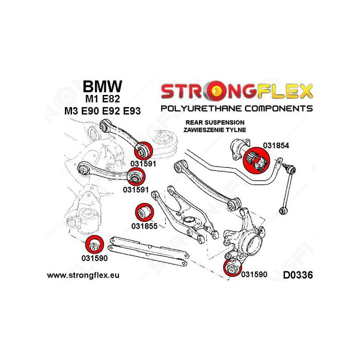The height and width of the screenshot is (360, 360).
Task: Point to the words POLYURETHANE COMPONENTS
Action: [x=237, y=108]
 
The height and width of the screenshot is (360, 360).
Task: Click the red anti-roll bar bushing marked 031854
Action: [x=256, y=160]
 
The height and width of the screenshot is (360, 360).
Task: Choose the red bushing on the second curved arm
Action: [x=135, y=175]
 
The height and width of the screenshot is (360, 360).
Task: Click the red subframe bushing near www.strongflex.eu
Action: [x=94, y=245]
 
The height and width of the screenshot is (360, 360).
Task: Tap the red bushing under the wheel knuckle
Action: [x=232, y=269]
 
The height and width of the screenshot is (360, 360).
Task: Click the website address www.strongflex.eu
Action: [x=83, y=274]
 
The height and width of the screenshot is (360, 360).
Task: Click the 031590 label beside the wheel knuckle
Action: [x=254, y=274]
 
